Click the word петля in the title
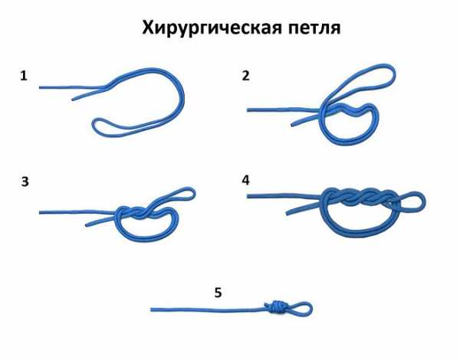(x=314, y=28)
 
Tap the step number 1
(x=24, y=76)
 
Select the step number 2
(x=246, y=75)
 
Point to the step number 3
(x=25, y=182)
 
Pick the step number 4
(x=245, y=180)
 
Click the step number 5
(x=218, y=293)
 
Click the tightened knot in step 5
(x=273, y=307)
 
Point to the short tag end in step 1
(x=74, y=100)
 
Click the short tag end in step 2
(x=293, y=125)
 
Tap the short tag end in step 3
(x=87, y=225)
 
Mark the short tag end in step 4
(x=287, y=213)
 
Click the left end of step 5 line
(x=152, y=309)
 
